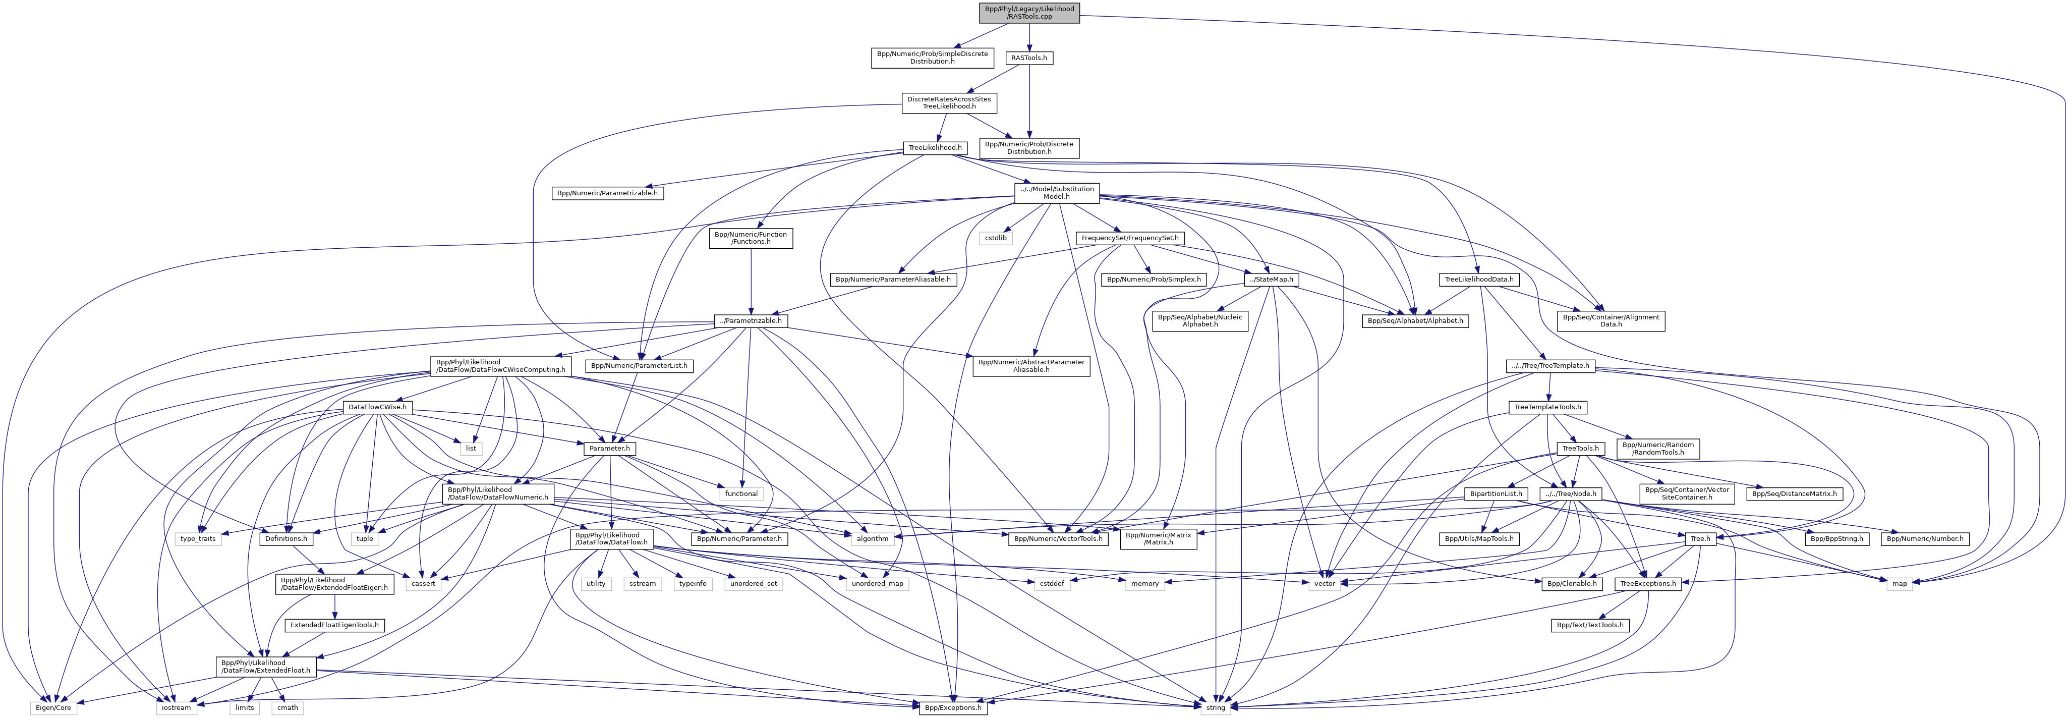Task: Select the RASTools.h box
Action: pyautogui.click(x=1029, y=58)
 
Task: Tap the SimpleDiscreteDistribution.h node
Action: pyautogui.click(x=932, y=58)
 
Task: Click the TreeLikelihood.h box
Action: pyautogui.click(x=935, y=148)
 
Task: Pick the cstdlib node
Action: pyautogui.click(x=996, y=238)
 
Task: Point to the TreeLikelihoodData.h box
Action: pyautogui.click(x=1479, y=280)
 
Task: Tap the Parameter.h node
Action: pyautogui.click(x=610, y=448)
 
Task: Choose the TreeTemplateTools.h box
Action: pyautogui.click(x=1547, y=407)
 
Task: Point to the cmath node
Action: pyautogui.click(x=288, y=707)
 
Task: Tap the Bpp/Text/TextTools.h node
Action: pyautogui.click(x=1589, y=625)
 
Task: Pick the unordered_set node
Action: pyautogui.click(x=753, y=584)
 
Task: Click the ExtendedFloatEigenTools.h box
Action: pyautogui.click(x=335, y=625)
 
